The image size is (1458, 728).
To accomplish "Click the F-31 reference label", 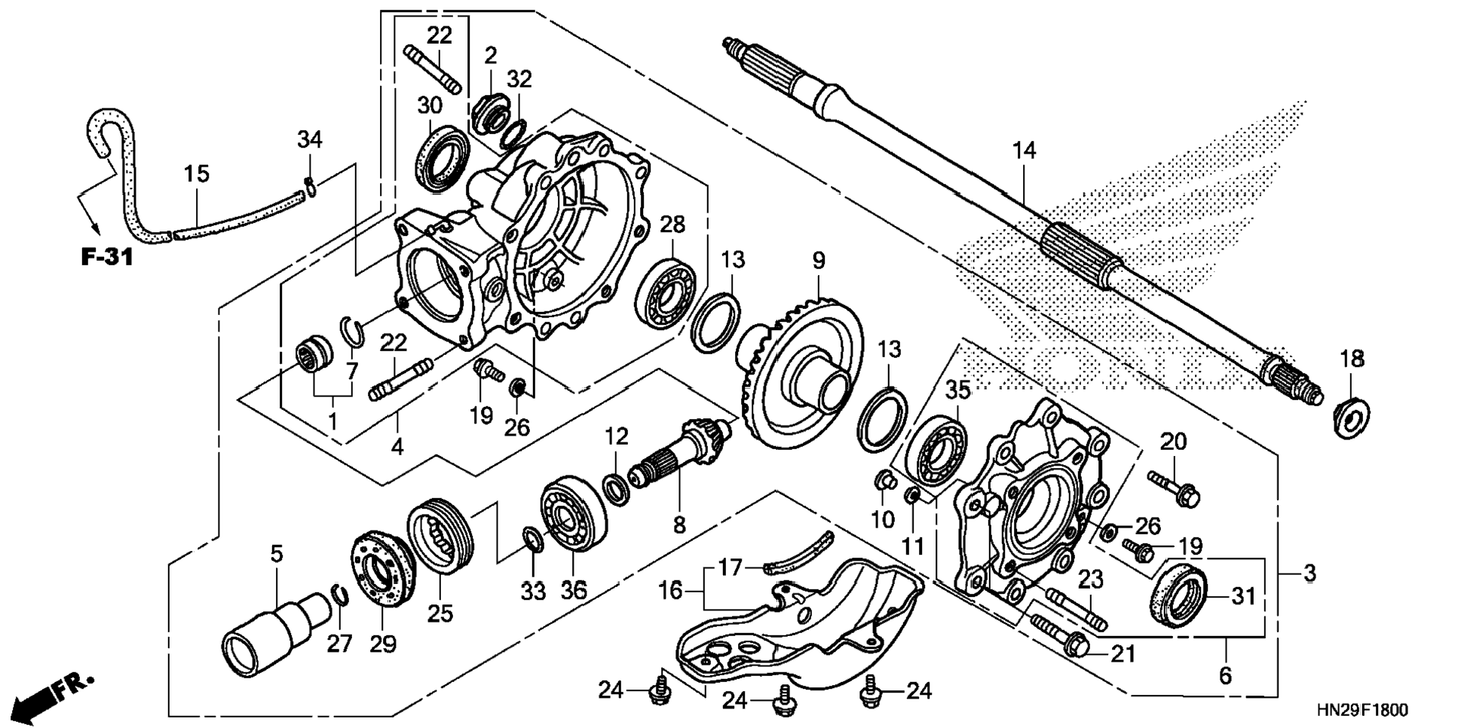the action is tap(106, 258).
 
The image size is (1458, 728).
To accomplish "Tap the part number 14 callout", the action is tap(1024, 151).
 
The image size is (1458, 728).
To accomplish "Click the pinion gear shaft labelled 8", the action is tap(683, 454).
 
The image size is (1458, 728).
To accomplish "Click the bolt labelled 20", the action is tap(1175, 488).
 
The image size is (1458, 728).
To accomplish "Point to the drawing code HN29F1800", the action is tap(1362, 711).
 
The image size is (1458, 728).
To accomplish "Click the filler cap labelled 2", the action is tap(492, 115).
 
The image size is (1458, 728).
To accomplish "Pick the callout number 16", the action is tap(670, 591).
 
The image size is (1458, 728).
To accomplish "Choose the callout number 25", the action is tap(440, 613).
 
